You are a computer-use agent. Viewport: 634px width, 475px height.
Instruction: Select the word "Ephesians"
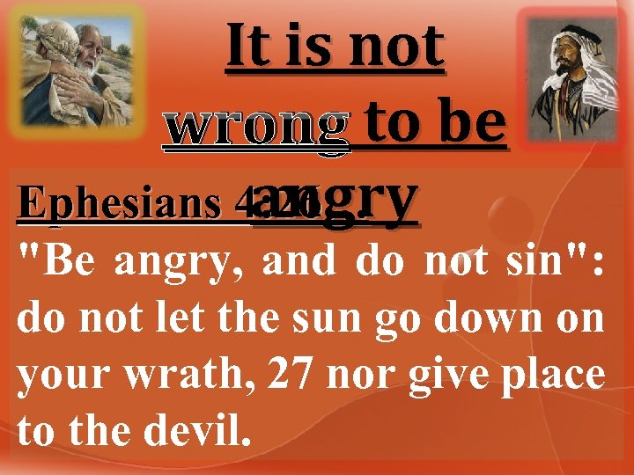pyautogui.click(x=109, y=203)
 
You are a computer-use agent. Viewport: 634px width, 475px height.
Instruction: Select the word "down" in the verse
pyautogui.click(x=492, y=318)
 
